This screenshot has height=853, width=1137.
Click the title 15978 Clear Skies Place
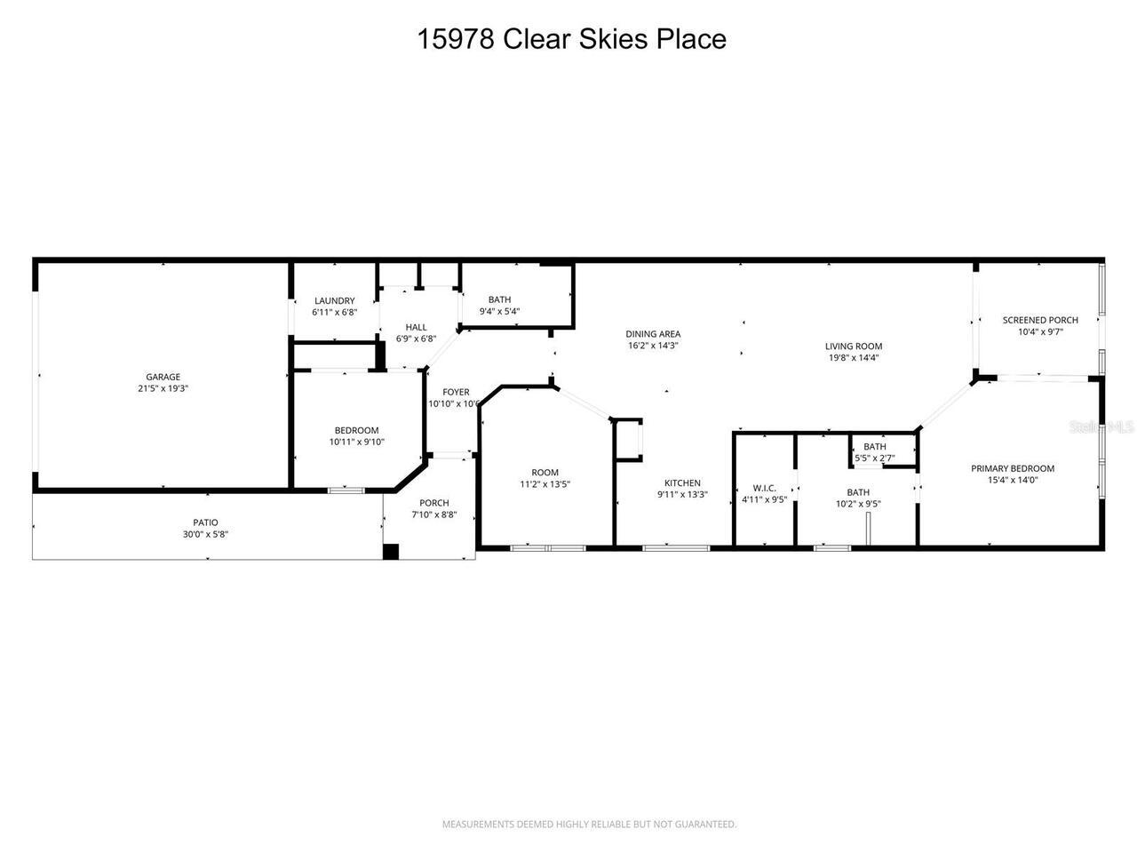click(x=571, y=39)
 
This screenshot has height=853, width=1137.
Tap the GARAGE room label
click(x=163, y=377)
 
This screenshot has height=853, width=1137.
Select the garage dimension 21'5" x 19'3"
click(x=163, y=388)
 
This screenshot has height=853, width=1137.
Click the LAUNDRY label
click(x=334, y=301)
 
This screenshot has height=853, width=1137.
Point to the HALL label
click(x=416, y=327)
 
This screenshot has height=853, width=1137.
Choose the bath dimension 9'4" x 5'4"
click(x=499, y=312)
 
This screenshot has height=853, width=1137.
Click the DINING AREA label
click(x=653, y=334)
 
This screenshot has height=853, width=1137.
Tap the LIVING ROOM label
click(x=853, y=347)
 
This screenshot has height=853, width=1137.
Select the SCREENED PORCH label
click(x=1040, y=320)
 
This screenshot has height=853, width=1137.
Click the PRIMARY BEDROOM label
click(x=1013, y=468)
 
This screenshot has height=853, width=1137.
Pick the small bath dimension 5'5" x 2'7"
click(x=875, y=458)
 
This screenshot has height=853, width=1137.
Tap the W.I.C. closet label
click(x=764, y=488)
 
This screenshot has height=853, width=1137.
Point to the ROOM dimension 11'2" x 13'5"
click(x=545, y=484)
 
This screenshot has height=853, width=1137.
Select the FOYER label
click(x=456, y=392)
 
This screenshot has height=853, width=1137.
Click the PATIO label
click(x=206, y=522)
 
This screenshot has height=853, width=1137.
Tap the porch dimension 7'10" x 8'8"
click(x=434, y=514)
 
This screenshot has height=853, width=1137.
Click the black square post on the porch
click(x=391, y=552)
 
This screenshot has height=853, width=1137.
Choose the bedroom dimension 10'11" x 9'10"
click(x=356, y=442)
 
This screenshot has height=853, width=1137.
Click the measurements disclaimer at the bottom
click(x=589, y=825)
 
